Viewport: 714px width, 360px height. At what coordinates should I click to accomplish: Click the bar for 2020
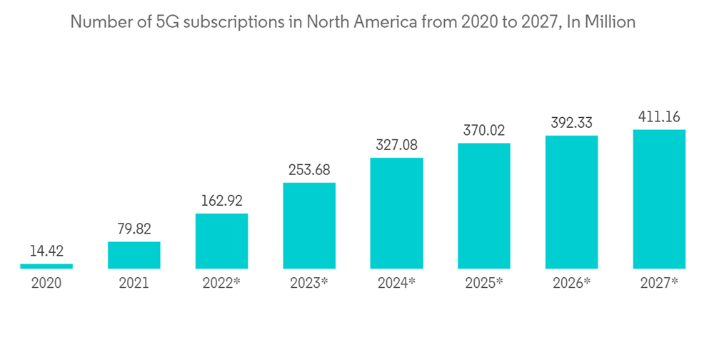tap(46, 266)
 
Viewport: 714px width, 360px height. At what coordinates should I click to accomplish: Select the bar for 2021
tap(134, 255)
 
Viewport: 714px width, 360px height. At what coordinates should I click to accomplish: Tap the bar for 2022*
tap(221, 241)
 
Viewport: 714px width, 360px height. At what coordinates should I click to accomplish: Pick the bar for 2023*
tap(309, 226)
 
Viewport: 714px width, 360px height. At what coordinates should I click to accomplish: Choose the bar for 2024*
tap(396, 213)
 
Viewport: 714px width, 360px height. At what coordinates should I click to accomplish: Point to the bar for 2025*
tap(484, 206)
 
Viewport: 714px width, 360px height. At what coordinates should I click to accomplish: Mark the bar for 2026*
tap(571, 202)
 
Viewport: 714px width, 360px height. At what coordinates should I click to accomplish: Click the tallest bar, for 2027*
tap(659, 199)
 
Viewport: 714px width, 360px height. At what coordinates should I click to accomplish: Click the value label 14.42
tap(46, 251)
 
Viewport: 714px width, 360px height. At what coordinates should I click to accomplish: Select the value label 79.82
tap(134, 229)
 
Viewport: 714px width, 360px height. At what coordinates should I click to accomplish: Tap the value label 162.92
tap(221, 201)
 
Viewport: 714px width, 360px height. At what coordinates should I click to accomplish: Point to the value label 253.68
tap(309, 170)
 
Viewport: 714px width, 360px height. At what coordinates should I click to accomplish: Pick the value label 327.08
tap(396, 145)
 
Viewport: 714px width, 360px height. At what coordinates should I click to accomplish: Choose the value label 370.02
tap(484, 131)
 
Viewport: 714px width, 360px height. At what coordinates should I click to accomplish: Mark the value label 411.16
tap(659, 116)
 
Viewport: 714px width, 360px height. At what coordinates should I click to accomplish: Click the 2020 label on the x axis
tap(46, 283)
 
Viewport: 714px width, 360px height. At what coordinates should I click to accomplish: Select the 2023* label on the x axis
tap(309, 283)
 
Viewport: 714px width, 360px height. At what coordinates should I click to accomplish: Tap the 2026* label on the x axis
tap(571, 283)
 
